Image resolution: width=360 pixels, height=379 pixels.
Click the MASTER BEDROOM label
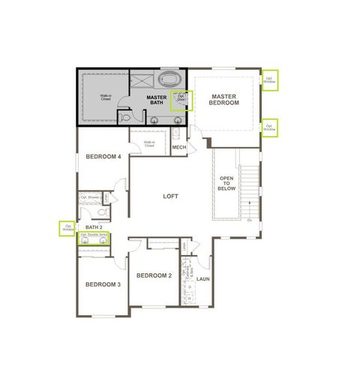(224, 99)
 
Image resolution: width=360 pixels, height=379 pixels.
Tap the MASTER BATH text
(156, 100)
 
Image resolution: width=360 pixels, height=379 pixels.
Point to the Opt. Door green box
(180, 100)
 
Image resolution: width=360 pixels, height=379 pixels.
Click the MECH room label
(179, 147)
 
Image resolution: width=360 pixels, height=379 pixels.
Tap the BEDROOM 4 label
(103, 156)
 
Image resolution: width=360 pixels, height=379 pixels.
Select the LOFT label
(171, 196)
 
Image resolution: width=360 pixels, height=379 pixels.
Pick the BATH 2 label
(94, 226)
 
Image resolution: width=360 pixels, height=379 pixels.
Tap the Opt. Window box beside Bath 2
(68, 227)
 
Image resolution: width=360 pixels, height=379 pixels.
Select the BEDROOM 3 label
(102, 284)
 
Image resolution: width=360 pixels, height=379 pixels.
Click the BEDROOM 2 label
(154, 275)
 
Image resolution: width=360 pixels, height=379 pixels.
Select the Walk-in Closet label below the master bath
(149, 143)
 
